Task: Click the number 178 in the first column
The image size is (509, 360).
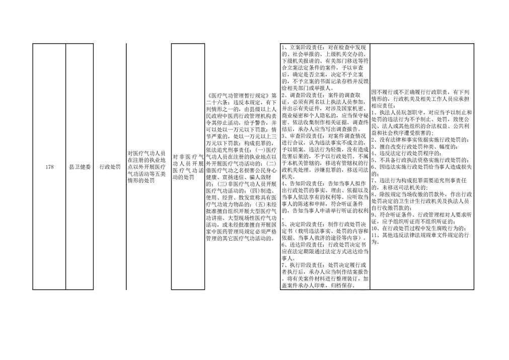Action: pyautogui.click(x=49, y=167)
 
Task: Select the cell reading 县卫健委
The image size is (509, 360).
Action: pyautogui.click(x=80, y=167)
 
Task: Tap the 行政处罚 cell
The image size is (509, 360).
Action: pyautogui.click(x=110, y=167)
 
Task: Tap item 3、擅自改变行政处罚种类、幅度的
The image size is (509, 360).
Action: pyautogui.click(x=414, y=147)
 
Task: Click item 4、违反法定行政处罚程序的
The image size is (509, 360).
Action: pyautogui.click(x=406, y=154)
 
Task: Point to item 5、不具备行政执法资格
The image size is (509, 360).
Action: pyautogui.click(x=420, y=160)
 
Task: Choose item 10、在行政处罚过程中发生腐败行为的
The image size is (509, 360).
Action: pyautogui.click(x=420, y=229)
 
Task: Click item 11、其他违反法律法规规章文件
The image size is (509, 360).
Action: pyautogui.click(x=420, y=239)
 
